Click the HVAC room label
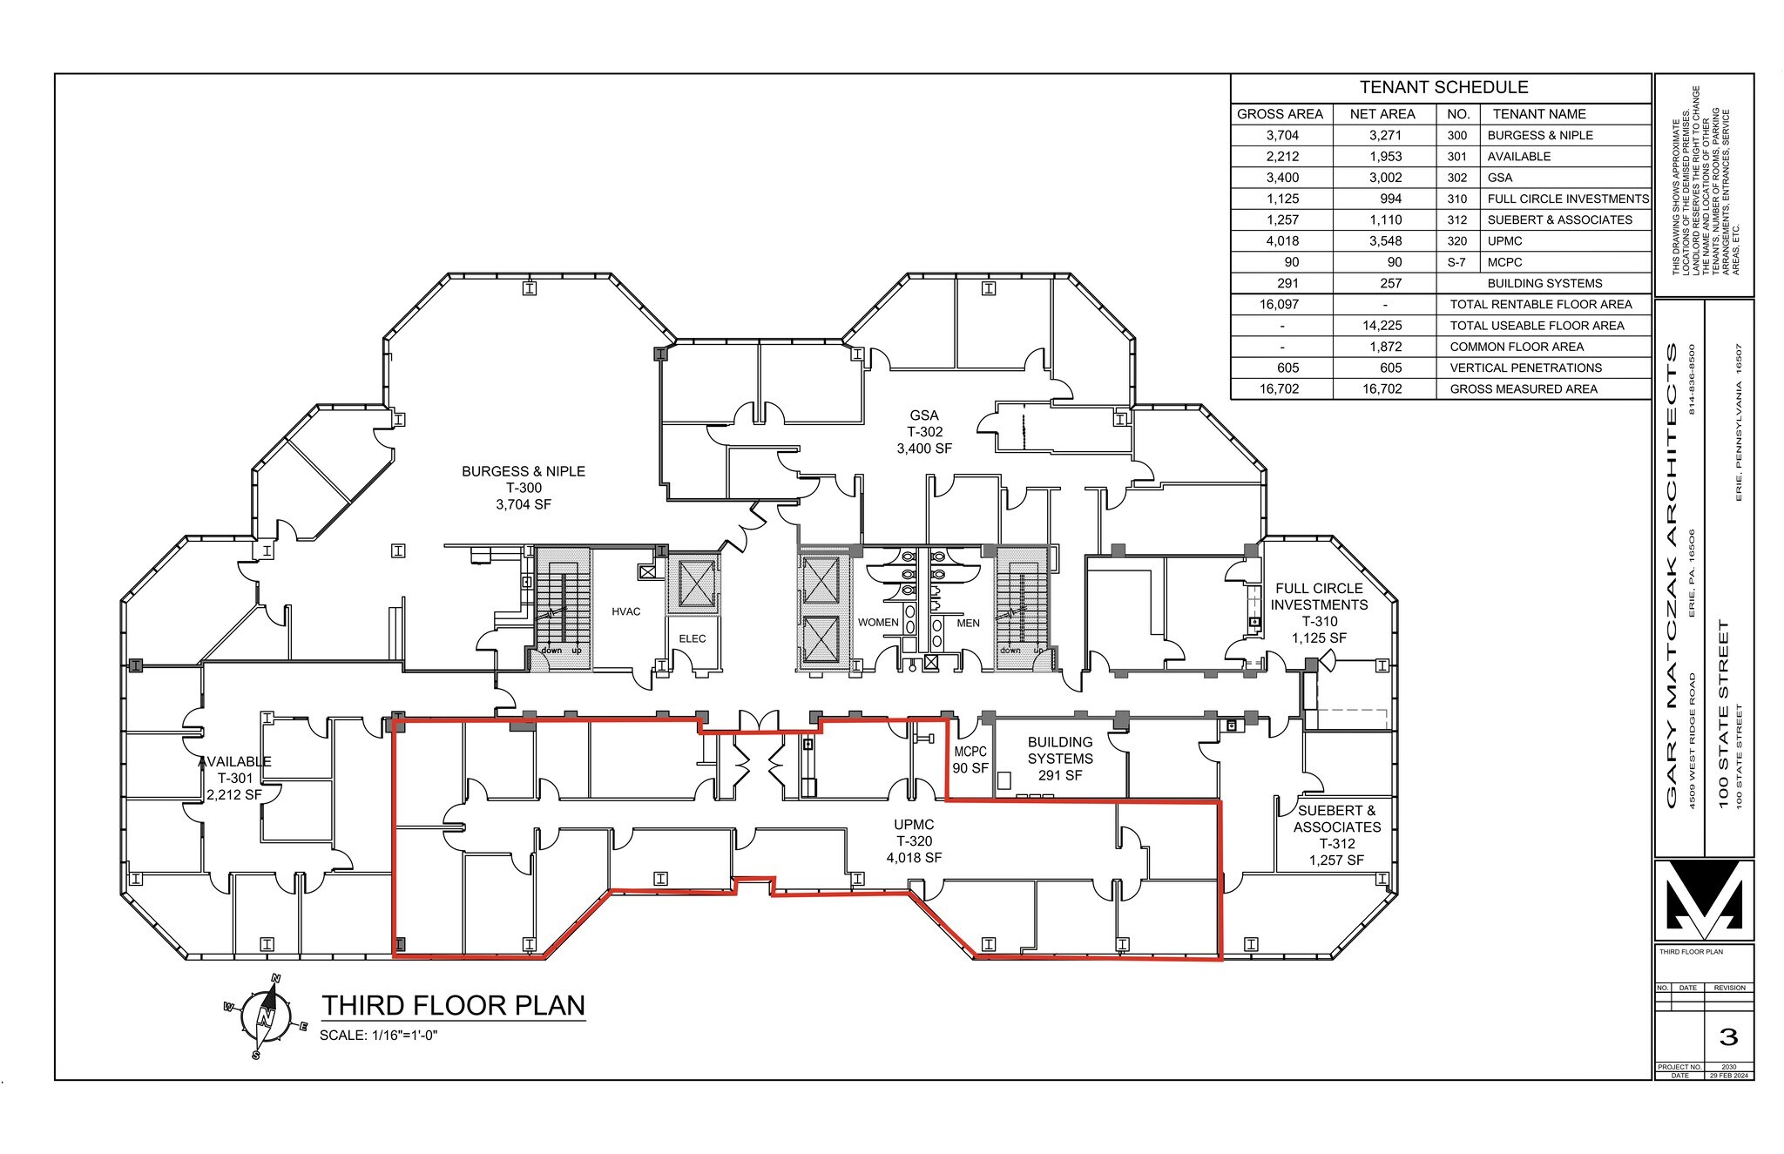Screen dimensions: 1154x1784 (x=625, y=611)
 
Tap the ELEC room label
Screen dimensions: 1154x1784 (x=693, y=638)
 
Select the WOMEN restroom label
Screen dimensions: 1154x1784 (x=877, y=623)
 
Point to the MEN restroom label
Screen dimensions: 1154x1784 (x=968, y=623)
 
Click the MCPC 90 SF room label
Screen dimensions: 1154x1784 (x=970, y=759)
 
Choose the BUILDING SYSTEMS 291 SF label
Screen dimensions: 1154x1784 (x=1060, y=759)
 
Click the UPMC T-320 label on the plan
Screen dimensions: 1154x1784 (x=914, y=840)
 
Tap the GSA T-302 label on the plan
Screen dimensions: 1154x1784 (x=924, y=432)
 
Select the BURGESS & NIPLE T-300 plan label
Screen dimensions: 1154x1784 (x=523, y=488)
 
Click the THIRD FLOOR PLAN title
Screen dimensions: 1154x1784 (x=453, y=1005)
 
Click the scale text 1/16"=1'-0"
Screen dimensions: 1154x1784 (x=378, y=1036)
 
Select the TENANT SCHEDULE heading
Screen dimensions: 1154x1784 (x=1443, y=87)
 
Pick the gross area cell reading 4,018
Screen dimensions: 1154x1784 (x=1281, y=241)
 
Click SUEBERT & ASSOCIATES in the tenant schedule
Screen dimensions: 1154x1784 (x=1559, y=220)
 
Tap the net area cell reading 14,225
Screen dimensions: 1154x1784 (x=1383, y=326)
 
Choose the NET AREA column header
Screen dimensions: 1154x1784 (x=1382, y=114)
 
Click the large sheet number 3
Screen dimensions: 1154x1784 (x=1728, y=1036)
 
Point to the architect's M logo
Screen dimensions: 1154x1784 (x=1703, y=900)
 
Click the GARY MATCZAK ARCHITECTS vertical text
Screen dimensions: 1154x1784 (x=1672, y=575)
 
